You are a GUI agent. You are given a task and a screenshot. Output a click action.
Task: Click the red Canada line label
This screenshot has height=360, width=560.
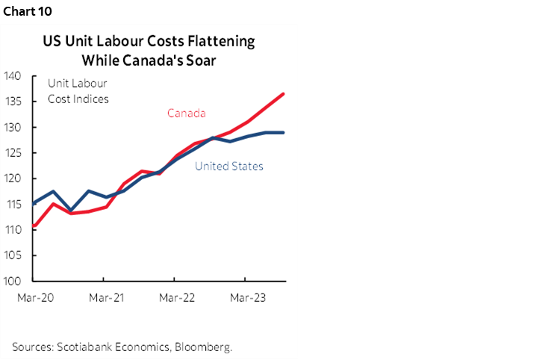click(x=186, y=113)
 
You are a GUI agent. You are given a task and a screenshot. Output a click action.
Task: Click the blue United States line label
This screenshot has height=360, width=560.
click(x=228, y=166)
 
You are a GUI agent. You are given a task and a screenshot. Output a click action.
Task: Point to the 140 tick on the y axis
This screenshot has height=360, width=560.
click(x=19, y=75)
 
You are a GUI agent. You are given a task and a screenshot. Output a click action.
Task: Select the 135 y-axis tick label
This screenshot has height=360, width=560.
click(x=19, y=102)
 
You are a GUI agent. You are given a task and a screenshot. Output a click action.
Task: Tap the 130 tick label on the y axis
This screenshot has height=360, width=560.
click(x=19, y=127)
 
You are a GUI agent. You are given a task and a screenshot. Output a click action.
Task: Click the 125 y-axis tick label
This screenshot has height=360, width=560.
click(x=19, y=153)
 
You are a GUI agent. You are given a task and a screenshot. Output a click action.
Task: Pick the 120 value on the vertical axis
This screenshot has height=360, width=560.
click(x=19, y=179)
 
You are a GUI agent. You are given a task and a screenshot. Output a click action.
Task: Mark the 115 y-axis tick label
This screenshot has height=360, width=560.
click(x=19, y=204)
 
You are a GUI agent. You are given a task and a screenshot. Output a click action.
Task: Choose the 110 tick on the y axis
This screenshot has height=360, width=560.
click(x=19, y=230)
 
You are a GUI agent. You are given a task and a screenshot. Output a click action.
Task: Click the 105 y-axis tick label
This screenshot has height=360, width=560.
click(x=19, y=255)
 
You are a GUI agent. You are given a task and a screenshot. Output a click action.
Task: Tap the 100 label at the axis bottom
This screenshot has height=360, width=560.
click(x=19, y=282)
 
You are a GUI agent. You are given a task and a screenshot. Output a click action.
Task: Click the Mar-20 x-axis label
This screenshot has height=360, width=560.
click(x=32, y=297)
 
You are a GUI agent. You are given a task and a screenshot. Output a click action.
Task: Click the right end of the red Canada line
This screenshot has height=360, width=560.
click(x=284, y=94)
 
